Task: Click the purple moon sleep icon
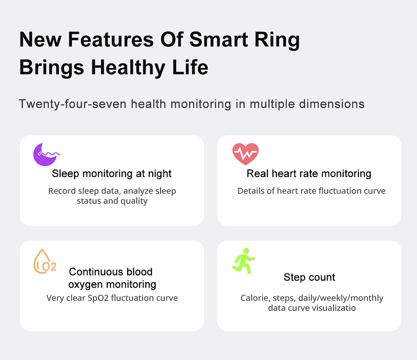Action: pyautogui.click(x=45, y=155)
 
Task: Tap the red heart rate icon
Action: pyautogui.click(x=245, y=154)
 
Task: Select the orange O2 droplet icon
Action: pyautogui.click(x=44, y=262)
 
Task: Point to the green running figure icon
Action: pyautogui.click(x=244, y=261)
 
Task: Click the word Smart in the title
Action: pyautogui.click(x=219, y=40)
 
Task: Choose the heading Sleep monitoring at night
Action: pyautogui.click(x=112, y=173)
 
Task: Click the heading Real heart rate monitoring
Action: pyautogui.click(x=309, y=173)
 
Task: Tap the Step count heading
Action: pyautogui.click(x=309, y=277)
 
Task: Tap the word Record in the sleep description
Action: pyautogui.click(x=62, y=191)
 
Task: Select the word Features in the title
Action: pyautogui.click(x=112, y=40)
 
